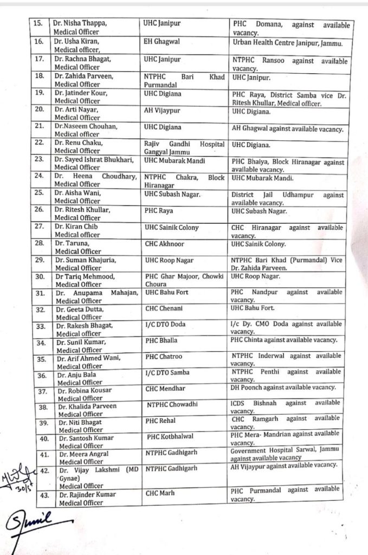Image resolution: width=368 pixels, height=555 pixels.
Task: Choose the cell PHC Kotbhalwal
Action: click(172, 436)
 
